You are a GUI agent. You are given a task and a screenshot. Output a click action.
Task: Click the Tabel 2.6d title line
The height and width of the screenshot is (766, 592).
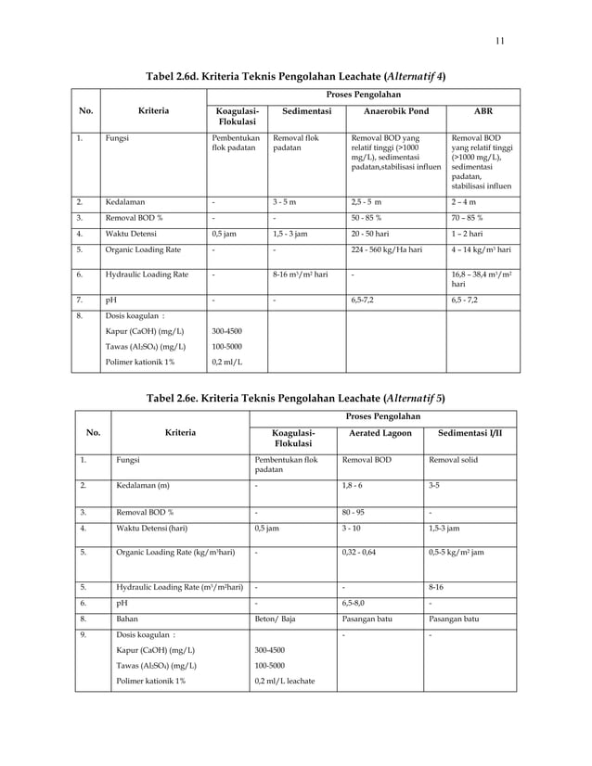click(295, 75)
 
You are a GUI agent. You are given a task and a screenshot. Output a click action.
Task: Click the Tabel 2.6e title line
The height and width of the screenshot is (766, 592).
click(295, 398)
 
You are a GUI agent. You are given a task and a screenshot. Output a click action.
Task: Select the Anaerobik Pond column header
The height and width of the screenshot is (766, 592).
click(392, 109)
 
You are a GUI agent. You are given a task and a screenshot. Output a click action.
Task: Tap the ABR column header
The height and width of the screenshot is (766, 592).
click(483, 109)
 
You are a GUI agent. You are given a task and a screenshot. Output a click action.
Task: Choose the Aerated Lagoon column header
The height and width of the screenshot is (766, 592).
click(377, 433)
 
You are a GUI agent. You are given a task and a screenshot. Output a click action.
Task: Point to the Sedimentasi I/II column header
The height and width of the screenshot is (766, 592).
click(470, 433)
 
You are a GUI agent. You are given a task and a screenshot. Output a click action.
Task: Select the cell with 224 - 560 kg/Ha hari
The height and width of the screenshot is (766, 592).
click(380, 249)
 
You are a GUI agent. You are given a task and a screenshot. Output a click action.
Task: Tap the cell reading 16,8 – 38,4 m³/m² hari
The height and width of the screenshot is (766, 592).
click(483, 280)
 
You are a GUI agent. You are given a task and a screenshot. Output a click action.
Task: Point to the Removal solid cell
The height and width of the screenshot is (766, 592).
click(451, 459)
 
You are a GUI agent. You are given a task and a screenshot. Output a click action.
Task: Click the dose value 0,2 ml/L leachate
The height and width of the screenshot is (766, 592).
click(284, 682)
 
